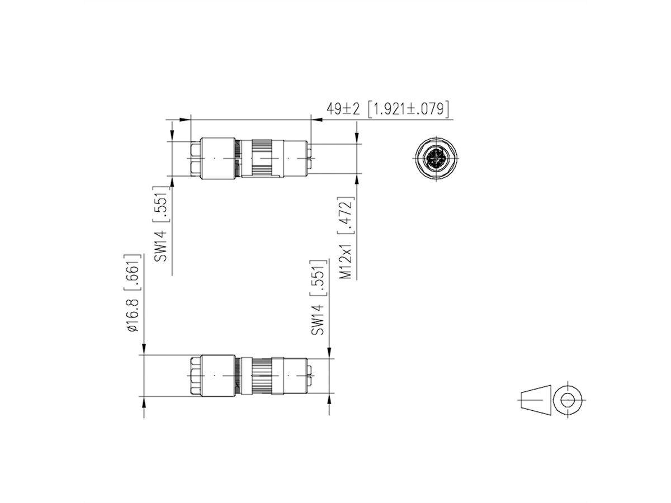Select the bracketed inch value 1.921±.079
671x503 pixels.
[409, 109]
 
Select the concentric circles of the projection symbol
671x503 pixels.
[568, 400]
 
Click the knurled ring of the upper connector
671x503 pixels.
[263, 159]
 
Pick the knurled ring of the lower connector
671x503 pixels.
[263, 376]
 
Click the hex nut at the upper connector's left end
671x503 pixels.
[195, 159]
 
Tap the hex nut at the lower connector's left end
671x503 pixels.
[195, 376]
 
